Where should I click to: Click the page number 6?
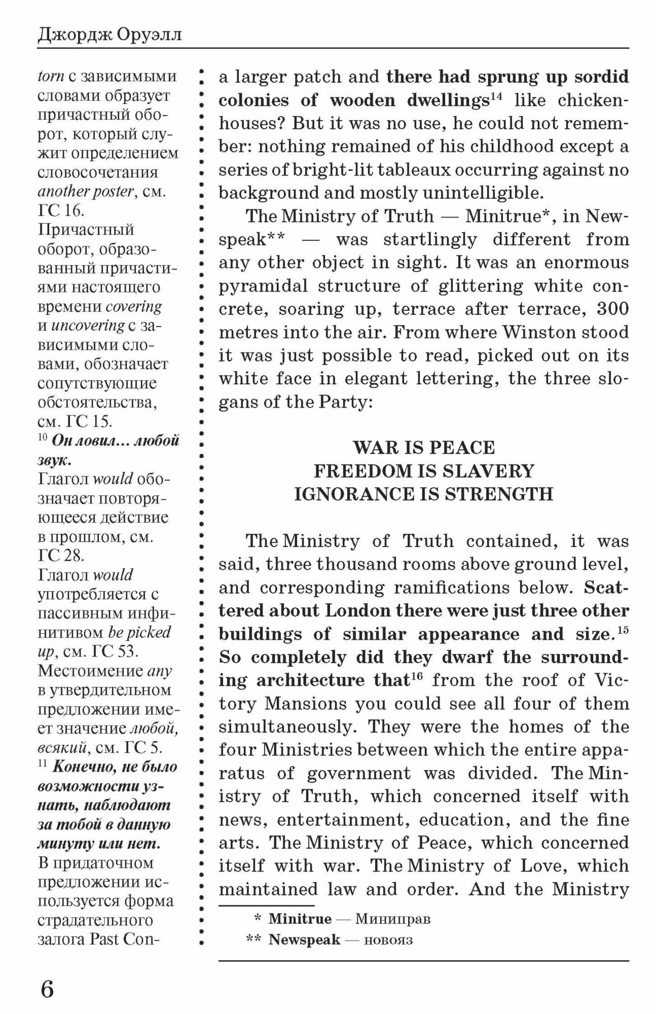click(46, 988)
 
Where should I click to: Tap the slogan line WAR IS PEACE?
click(424, 448)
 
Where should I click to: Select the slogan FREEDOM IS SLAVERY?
click(424, 471)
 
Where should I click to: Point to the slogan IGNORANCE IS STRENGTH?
click(424, 494)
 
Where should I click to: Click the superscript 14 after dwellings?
click(496, 96)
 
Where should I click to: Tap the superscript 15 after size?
click(623, 630)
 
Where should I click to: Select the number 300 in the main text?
click(612, 308)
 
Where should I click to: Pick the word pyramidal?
click(263, 286)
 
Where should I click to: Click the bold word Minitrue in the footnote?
click(300, 919)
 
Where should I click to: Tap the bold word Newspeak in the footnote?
click(304, 939)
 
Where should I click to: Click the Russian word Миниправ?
click(392, 919)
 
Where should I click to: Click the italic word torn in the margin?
click(51, 77)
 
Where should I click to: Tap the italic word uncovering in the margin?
click(88, 325)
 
